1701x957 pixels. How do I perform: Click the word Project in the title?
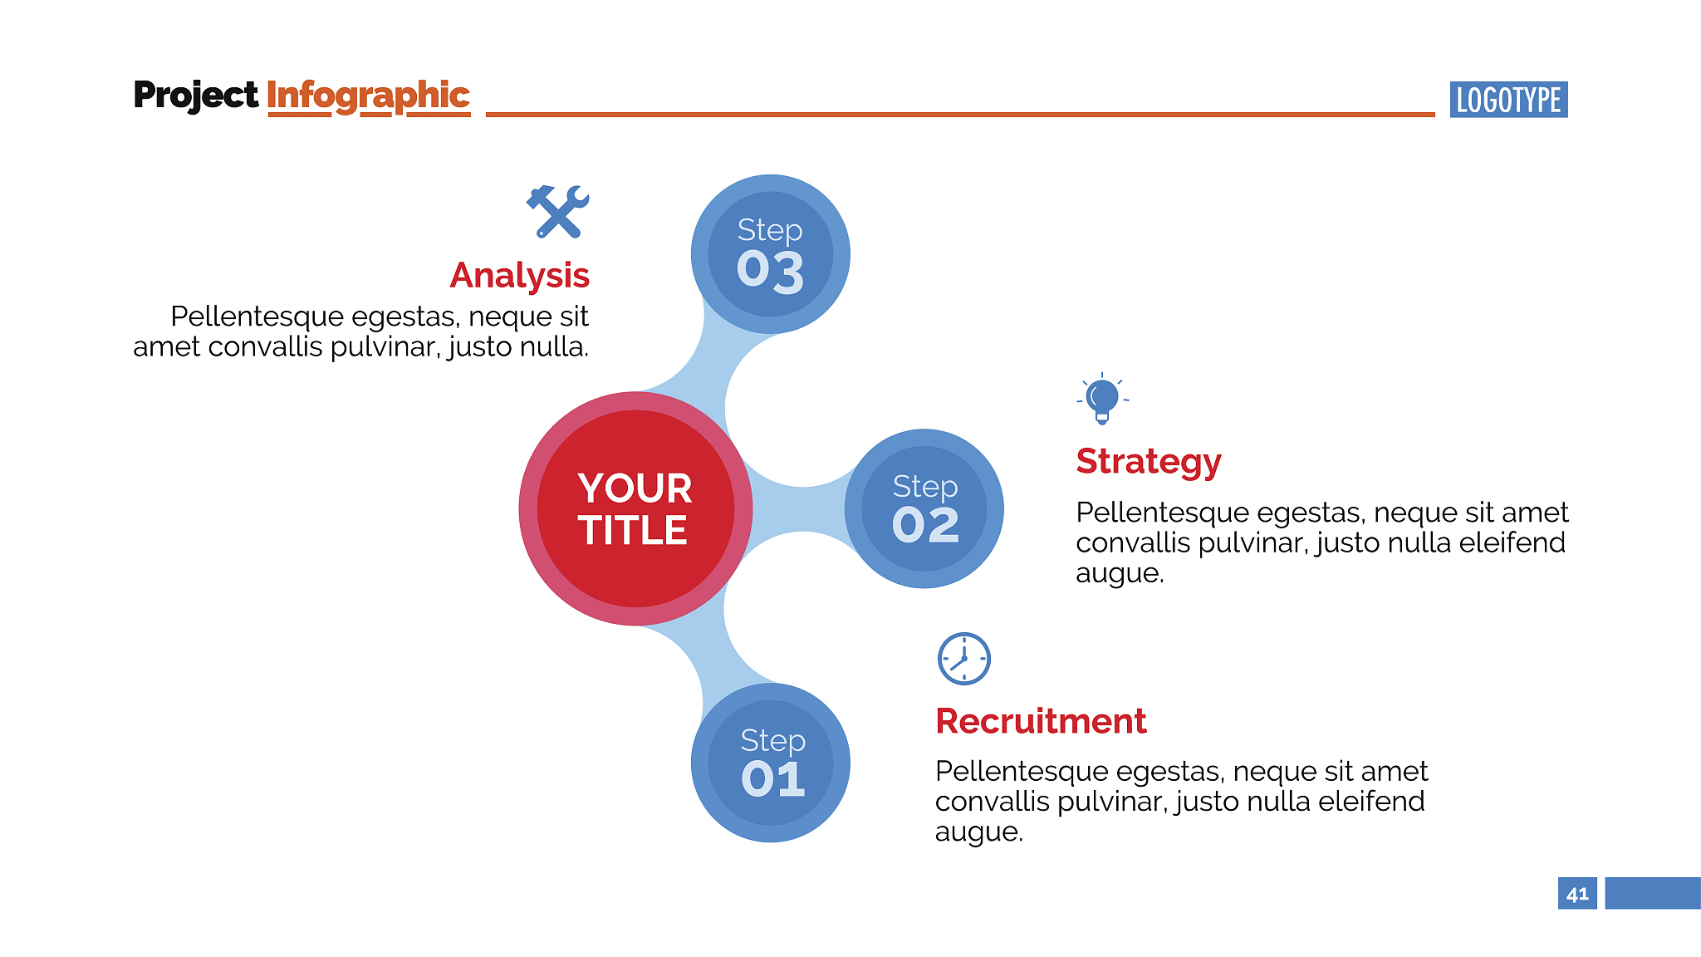point(195,96)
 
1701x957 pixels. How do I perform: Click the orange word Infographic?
point(368,96)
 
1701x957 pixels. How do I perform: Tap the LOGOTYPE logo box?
point(1508,100)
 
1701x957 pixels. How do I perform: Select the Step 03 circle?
point(771,254)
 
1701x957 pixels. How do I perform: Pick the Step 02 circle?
point(924,508)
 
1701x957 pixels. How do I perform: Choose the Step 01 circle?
point(771,763)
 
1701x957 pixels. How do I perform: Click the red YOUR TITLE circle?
point(635,508)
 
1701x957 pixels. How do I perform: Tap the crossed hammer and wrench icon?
point(558,211)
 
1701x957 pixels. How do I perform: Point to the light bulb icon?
point(1102,399)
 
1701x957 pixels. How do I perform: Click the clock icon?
point(963,659)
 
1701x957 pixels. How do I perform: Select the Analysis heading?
point(519,275)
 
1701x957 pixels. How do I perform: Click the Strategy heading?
point(1149,462)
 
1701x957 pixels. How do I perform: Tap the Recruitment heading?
point(1041,721)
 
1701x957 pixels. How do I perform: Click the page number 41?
point(1577,894)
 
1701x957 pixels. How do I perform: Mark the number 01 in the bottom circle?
point(772,778)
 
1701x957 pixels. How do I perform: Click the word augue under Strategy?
point(1120,573)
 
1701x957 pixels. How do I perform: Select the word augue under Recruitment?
point(978,832)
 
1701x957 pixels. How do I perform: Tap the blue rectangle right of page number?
point(1653,893)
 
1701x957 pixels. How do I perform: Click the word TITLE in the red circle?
point(633,530)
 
